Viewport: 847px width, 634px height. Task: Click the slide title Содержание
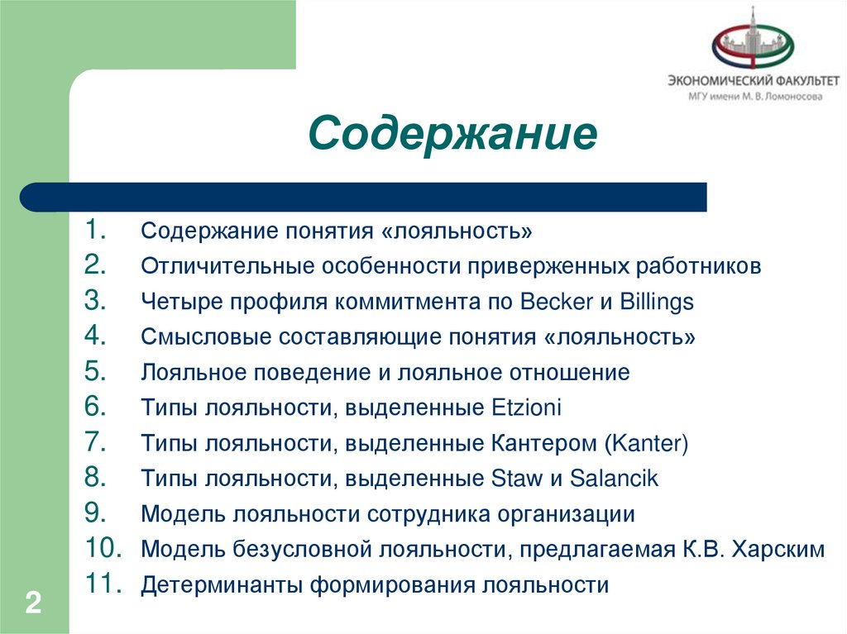452,133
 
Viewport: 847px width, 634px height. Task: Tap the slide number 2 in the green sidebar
33,602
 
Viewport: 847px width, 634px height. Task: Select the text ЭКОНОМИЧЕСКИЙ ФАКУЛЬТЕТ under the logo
754,81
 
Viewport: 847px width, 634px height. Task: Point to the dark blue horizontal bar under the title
364,198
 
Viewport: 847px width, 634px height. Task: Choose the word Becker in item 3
555,302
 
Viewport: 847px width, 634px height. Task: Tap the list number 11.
103,584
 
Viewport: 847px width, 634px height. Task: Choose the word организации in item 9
566,514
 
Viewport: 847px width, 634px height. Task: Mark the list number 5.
94,372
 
